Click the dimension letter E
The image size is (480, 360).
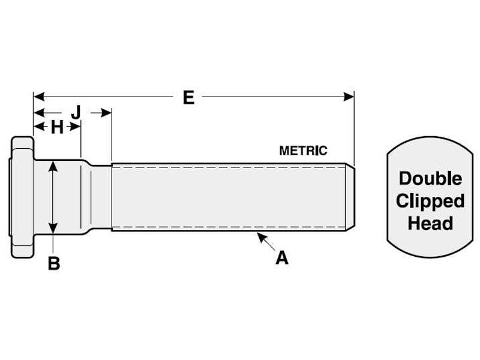pos(188,98)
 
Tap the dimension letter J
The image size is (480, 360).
pos(76,112)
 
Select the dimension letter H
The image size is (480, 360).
pos(57,127)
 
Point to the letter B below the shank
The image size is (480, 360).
pos(54,263)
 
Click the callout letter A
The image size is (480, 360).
pos(281,258)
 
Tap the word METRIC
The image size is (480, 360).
pos(303,151)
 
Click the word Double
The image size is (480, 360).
pos(430,178)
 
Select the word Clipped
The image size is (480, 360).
pos(430,202)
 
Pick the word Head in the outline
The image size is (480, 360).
pos(430,223)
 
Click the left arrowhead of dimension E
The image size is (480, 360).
pos(39,97)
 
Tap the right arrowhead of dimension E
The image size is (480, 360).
pos(349,97)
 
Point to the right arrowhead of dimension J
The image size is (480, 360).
pos(106,113)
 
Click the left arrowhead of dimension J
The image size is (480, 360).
pos(39,113)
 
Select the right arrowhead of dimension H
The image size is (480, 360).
pos(76,126)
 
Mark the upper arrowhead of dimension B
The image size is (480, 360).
pos(53,167)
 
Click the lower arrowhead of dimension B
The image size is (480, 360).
pos(53,228)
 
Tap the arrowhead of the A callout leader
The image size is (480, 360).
pos(260,236)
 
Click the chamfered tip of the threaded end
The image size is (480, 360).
pos(350,197)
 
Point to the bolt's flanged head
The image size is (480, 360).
pos(22,197)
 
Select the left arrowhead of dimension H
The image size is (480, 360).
pos(39,126)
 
